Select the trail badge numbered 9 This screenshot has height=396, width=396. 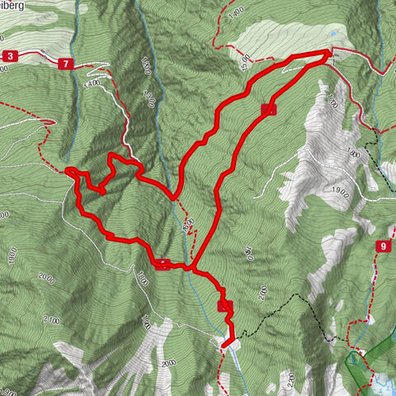click(384, 246)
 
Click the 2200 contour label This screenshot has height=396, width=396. click(292, 380)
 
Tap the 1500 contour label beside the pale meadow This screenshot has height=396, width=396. click(245, 60)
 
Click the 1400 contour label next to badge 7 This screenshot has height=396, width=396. click(91, 82)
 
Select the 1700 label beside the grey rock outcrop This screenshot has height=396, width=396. click(332, 102)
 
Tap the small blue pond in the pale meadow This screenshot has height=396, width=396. click(332, 35)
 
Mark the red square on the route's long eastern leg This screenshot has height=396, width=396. click(266, 109)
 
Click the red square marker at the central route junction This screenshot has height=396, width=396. click(163, 265)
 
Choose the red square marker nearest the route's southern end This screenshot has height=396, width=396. click(225, 306)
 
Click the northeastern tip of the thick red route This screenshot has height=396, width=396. click(328, 53)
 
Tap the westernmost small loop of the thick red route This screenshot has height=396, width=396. click(72, 172)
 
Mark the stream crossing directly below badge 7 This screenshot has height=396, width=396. click(87, 74)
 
